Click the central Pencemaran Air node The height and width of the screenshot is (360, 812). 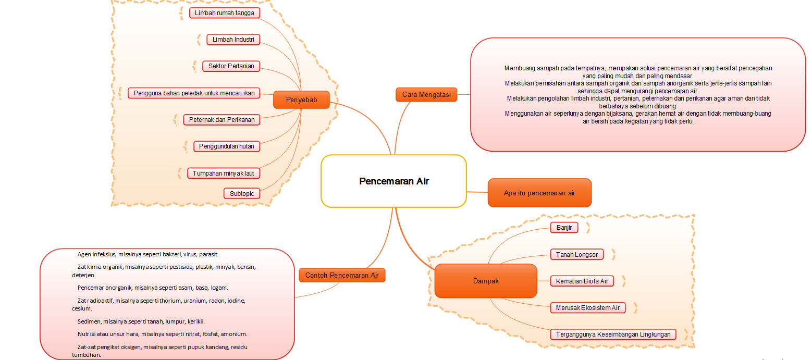click(x=393, y=181)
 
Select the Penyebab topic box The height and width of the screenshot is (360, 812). click(x=301, y=100)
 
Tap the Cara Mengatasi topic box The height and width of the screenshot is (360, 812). click(x=426, y=94)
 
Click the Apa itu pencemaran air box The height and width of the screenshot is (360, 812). click(x=539, y=193)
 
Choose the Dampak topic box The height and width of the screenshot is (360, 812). click(x=485, y=281)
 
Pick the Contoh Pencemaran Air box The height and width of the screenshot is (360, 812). click(x=342, y=275)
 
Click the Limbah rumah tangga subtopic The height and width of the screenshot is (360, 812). click(x=224, y=13)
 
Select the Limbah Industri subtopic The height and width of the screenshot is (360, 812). click(x=233, y=40)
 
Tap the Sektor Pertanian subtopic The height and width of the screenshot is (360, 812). click(x=231, y=66)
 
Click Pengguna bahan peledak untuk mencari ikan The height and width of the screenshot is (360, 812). click(x=194, y=93)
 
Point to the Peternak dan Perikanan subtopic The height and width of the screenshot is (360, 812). click(x=222, y=120)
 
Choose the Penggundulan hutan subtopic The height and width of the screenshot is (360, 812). click(x=226, y=146)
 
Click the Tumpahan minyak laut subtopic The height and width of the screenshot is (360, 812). click(x=223, y=173)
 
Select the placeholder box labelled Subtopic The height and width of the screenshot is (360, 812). click(x=242, y=193)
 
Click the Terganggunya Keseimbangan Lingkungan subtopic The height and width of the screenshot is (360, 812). click(x=613, y=334)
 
